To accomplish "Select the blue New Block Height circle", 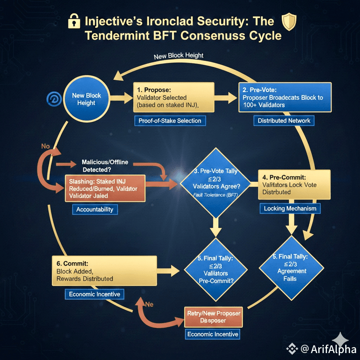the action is (87, 99).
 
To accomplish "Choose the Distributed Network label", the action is (284, 120).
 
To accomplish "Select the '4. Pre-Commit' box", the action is (294, 184).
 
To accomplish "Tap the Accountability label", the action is (94, 210).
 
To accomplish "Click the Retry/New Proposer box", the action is (213, 317).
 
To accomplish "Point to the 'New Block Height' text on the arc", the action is (178, 56).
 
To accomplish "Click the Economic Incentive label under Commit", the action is (94, 294).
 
